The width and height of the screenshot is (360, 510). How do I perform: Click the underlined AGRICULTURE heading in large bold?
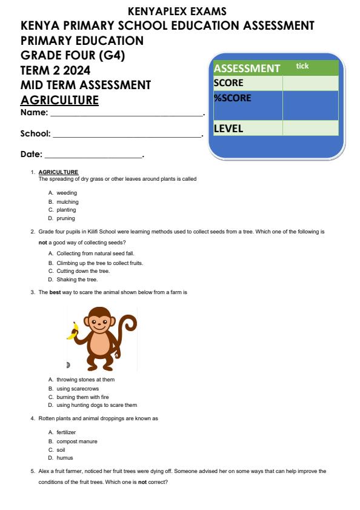59,99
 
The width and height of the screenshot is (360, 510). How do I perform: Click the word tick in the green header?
302,66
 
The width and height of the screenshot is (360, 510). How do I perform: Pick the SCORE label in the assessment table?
228,83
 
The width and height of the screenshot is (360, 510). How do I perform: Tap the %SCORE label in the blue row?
232,98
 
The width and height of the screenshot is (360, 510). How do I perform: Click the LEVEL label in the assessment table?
228,129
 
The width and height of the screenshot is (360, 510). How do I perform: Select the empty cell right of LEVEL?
310,128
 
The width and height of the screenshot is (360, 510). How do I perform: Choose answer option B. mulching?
64,201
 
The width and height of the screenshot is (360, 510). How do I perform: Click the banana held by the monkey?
74,330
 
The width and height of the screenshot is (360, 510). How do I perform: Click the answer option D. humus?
61,458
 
